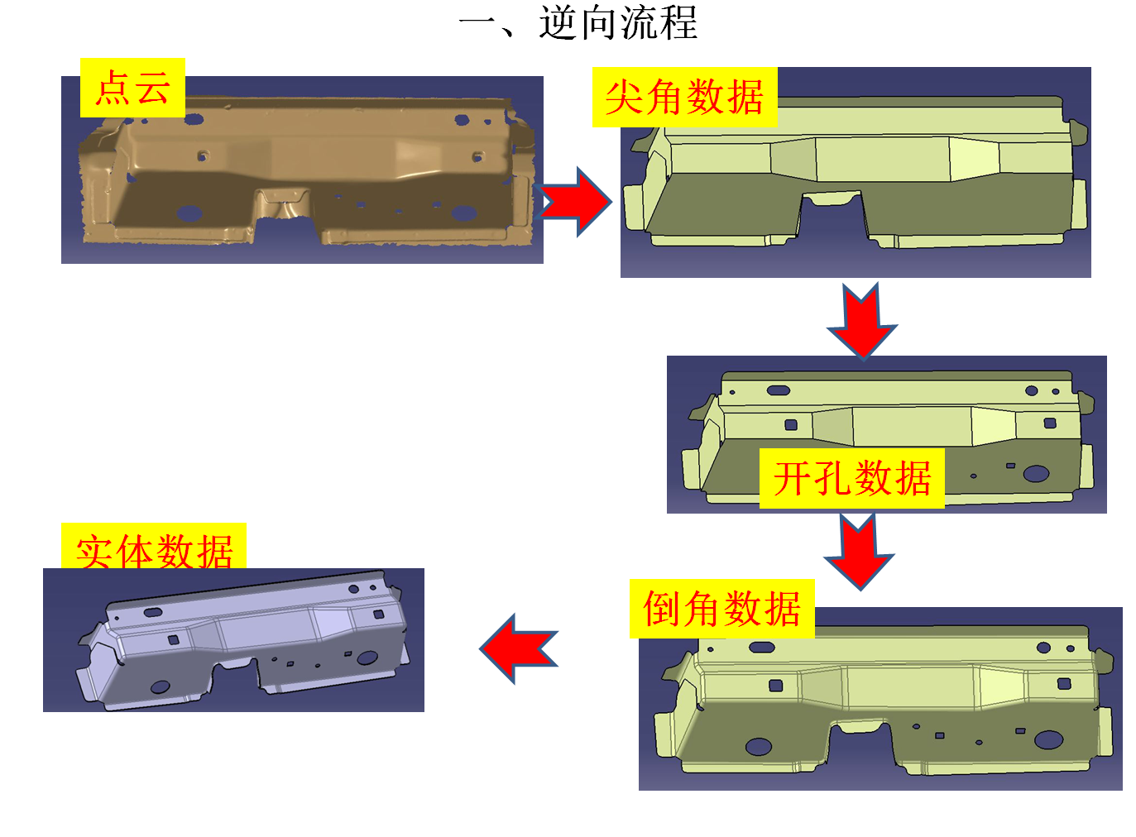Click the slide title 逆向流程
618,22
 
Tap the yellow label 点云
132,88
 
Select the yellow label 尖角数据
684,98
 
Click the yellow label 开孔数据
851,479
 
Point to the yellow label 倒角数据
721,609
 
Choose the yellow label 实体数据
154,549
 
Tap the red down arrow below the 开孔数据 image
858,550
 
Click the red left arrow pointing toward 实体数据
519,648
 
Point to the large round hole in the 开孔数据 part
1036,474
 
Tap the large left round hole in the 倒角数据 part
758,747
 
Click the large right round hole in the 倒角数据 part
1048,739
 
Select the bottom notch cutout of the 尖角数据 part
832,217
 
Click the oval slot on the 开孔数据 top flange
779,390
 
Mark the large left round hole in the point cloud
189,213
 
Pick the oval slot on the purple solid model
153,613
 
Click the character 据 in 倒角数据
782,609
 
